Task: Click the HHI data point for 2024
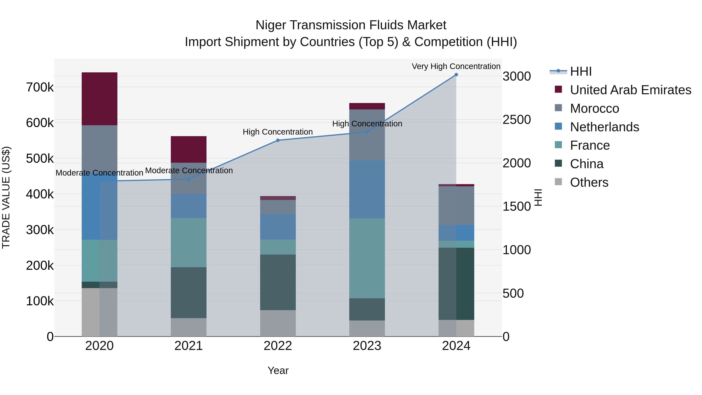click(x=456, y=75)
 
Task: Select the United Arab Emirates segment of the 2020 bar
click(x=99, y=99)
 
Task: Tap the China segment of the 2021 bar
click(x=189, y=293)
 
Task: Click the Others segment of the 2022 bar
click(x=278, y=323)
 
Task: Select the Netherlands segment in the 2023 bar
click(x=367, y=189)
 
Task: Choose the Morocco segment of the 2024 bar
click(x=456, y=206)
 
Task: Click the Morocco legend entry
click(x=594, y=108)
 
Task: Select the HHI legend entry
click(x=581, y=71)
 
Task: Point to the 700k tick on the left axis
click(x=40, y=88)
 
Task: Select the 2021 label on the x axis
click(x=189, y=346)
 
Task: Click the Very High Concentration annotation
click(x=456, y=66)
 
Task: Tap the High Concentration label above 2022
click(x=278, y=132)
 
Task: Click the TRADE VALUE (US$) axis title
click(x=6, y=197)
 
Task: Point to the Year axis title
click(x=278, y=370)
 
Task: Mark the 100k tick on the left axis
click(x=40, y=301)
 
